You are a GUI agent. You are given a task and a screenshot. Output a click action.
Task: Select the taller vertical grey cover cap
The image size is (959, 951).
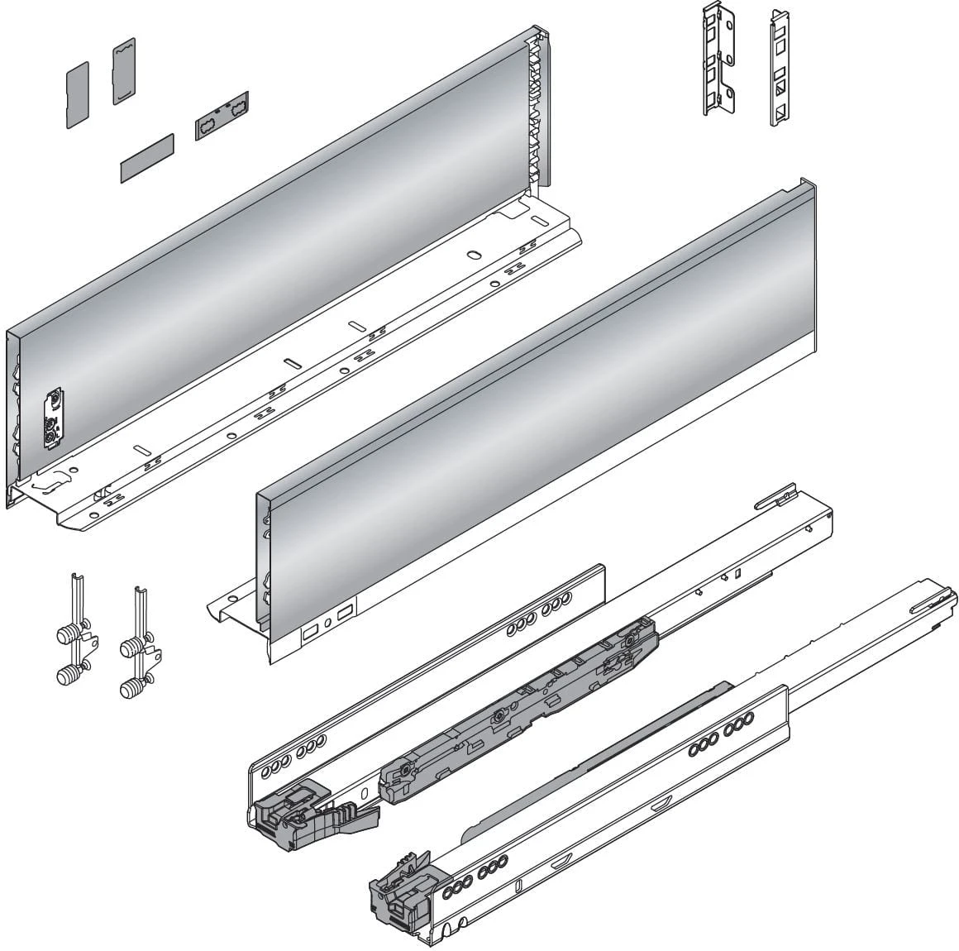[x=123, y=71]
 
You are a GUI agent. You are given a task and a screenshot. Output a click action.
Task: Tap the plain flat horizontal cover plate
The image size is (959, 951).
[x=147, y=156]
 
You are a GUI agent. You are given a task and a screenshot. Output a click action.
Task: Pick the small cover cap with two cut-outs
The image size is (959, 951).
[x=221, y=115]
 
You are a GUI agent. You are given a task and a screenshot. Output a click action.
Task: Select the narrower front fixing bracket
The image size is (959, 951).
[x=779, y=68]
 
